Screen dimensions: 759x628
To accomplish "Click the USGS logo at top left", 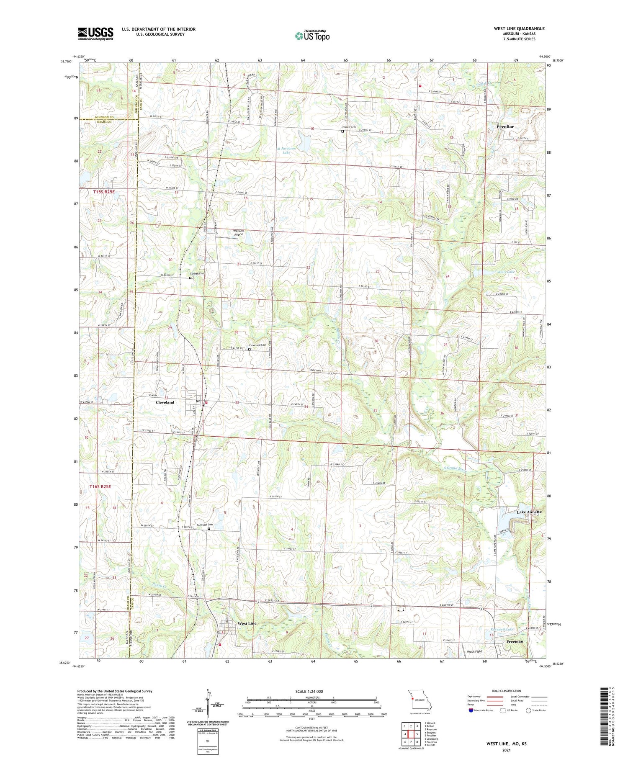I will [95, 34].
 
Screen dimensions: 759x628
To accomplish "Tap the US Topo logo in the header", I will [312, 36].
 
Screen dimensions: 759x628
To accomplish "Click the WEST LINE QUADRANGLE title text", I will [519, 28].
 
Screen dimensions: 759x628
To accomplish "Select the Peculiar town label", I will [505, 126].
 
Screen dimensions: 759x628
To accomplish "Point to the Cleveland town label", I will [165, 402].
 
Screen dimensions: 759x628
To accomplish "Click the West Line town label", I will [247, 623].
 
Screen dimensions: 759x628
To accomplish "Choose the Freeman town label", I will [515, 641].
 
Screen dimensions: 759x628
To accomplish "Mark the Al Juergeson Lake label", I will [286, 150].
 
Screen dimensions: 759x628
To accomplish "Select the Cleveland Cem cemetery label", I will [258, 345].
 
